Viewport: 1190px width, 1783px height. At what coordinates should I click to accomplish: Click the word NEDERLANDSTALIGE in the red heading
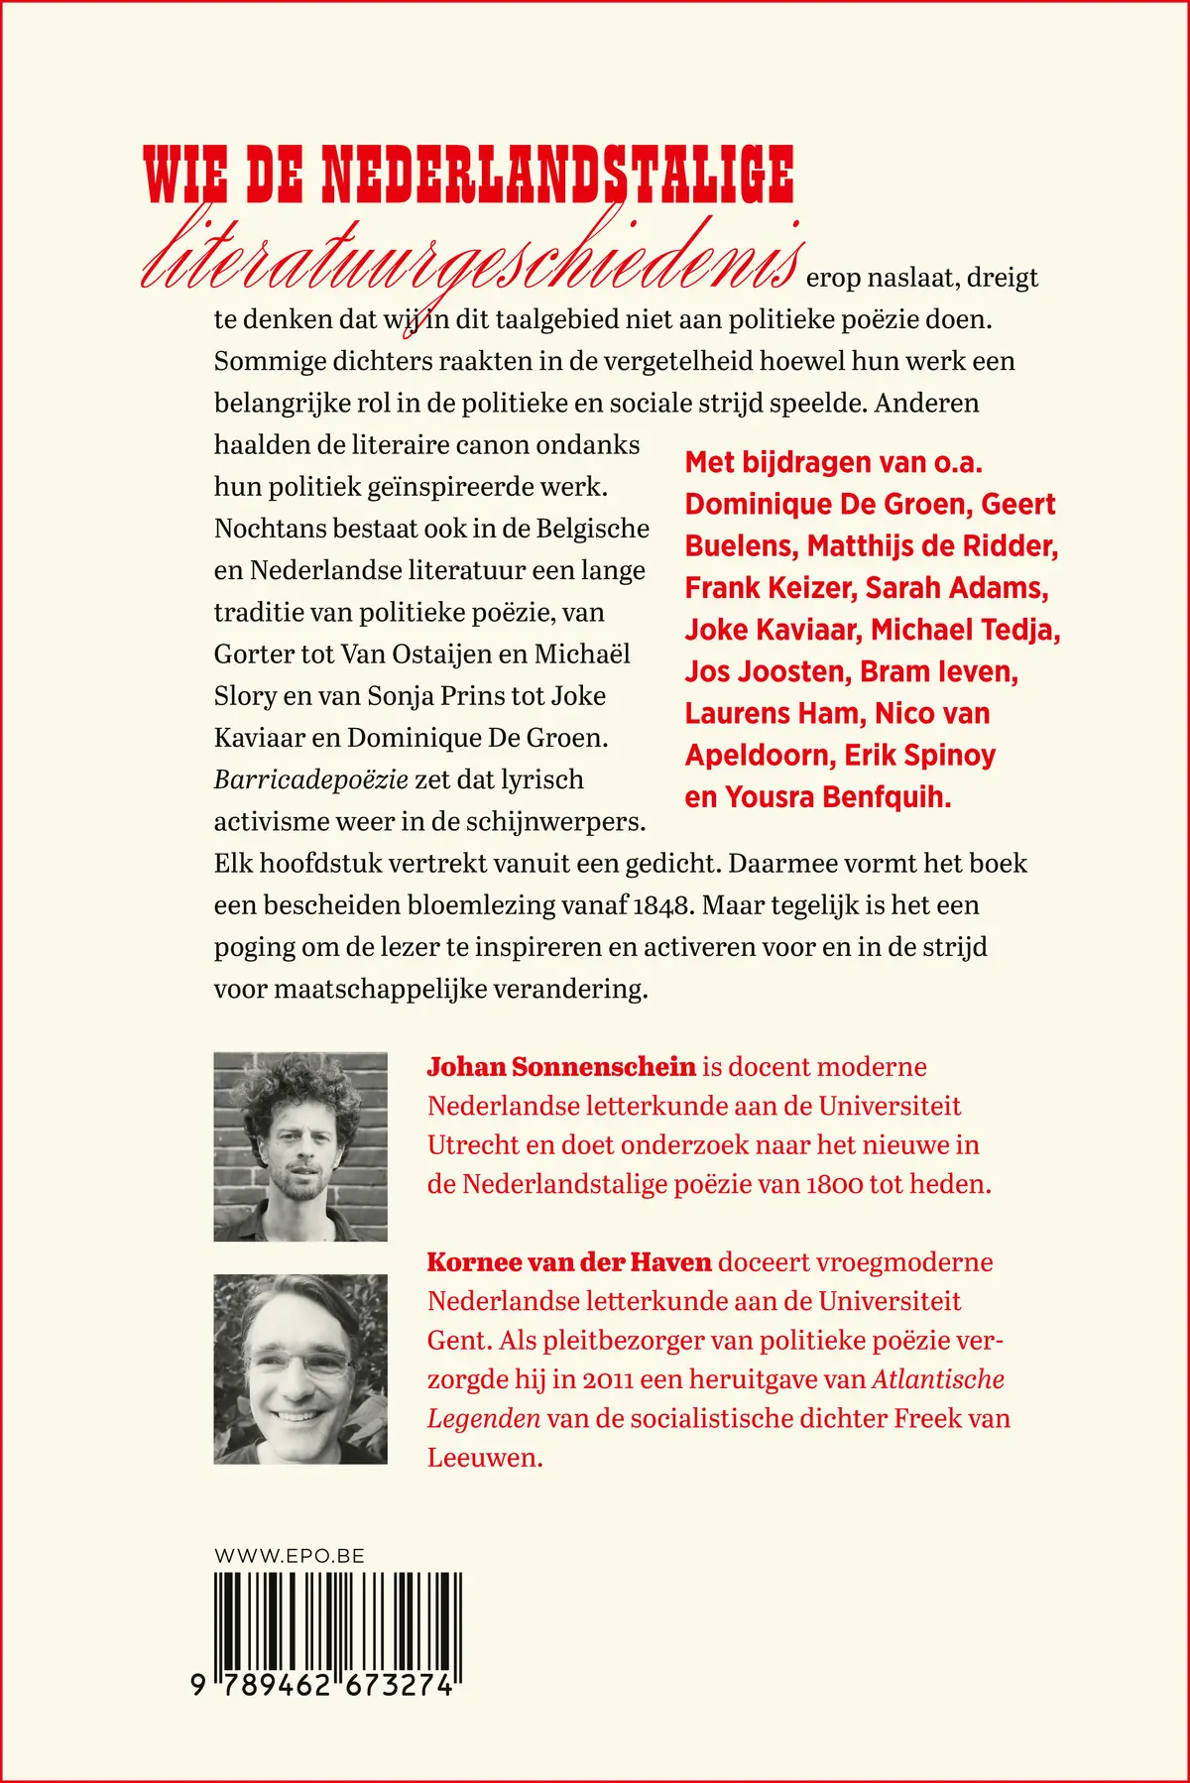(x=557, y=175)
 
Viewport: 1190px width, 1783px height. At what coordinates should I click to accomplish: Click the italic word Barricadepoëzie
(x=311, y=779)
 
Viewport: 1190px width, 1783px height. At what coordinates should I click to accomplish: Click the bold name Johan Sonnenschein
(x=561, y=1067)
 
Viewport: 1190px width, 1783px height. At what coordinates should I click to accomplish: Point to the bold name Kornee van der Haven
(x=569, y=1262)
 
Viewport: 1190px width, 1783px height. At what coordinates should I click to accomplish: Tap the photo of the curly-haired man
(x=300, y=1146)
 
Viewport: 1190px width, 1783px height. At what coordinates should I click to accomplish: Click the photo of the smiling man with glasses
(x=300, y=1368)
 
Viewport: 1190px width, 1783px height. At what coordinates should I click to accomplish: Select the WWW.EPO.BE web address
(x=290, y=1556)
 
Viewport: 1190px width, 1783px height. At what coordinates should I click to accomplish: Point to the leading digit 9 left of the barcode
(x=199, y=1685)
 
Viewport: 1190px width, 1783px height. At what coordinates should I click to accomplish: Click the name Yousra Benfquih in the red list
(x=838, y=797)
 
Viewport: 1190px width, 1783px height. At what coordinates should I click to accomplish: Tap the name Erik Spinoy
(x=919, y=756)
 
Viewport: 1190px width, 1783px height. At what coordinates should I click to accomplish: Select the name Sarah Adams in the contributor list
(x=957, y=588)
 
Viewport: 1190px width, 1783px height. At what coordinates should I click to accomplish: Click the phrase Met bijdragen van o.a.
(x=833, y=463)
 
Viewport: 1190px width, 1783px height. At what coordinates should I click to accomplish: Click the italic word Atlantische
(x=938, y=1379)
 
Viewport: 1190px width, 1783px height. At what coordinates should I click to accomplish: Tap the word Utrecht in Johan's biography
(x=473, y=1145)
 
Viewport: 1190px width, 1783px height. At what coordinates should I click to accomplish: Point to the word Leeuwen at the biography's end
(x=485, y=1458)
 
